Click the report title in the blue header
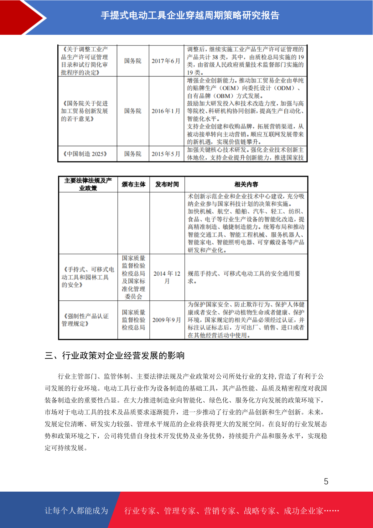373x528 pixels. pos(190,15)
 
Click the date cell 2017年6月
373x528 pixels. pos(166,61)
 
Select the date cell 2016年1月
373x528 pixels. pos(166,111)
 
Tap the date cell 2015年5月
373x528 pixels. pos(166,154)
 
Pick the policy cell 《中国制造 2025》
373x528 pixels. pos(85,154)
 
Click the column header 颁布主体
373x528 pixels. pos(133,184)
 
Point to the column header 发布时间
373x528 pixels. pos(167,184)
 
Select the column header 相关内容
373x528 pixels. pos(246,184)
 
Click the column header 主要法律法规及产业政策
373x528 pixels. pos(88,184)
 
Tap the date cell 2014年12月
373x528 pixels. pos(167,277)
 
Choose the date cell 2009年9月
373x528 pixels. pos(167,320)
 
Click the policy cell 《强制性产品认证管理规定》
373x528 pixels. pos(85,320)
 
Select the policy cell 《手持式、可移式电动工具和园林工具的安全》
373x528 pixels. pos(88,277)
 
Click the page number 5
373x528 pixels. pos(326,482)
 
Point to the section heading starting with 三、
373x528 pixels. pos(115,356)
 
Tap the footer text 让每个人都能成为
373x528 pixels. pos(76,511)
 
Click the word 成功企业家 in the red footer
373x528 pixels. pos(303,511)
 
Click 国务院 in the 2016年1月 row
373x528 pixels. pos(133,111)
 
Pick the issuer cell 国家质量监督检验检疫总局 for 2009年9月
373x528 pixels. pos(133,320)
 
